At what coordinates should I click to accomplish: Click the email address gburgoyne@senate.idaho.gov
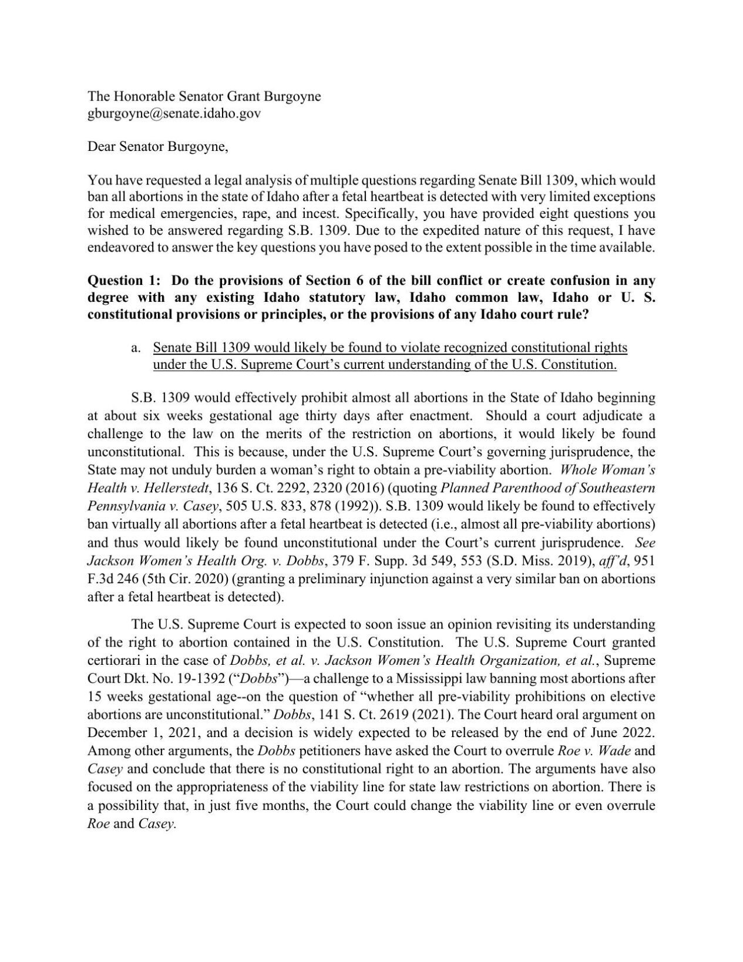[x=174, y=113]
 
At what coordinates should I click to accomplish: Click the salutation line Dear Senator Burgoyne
[x=157, y=147]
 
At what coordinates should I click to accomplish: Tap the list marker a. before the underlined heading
[x=136, y=348]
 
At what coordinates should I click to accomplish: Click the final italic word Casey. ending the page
[x=157, y=823]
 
